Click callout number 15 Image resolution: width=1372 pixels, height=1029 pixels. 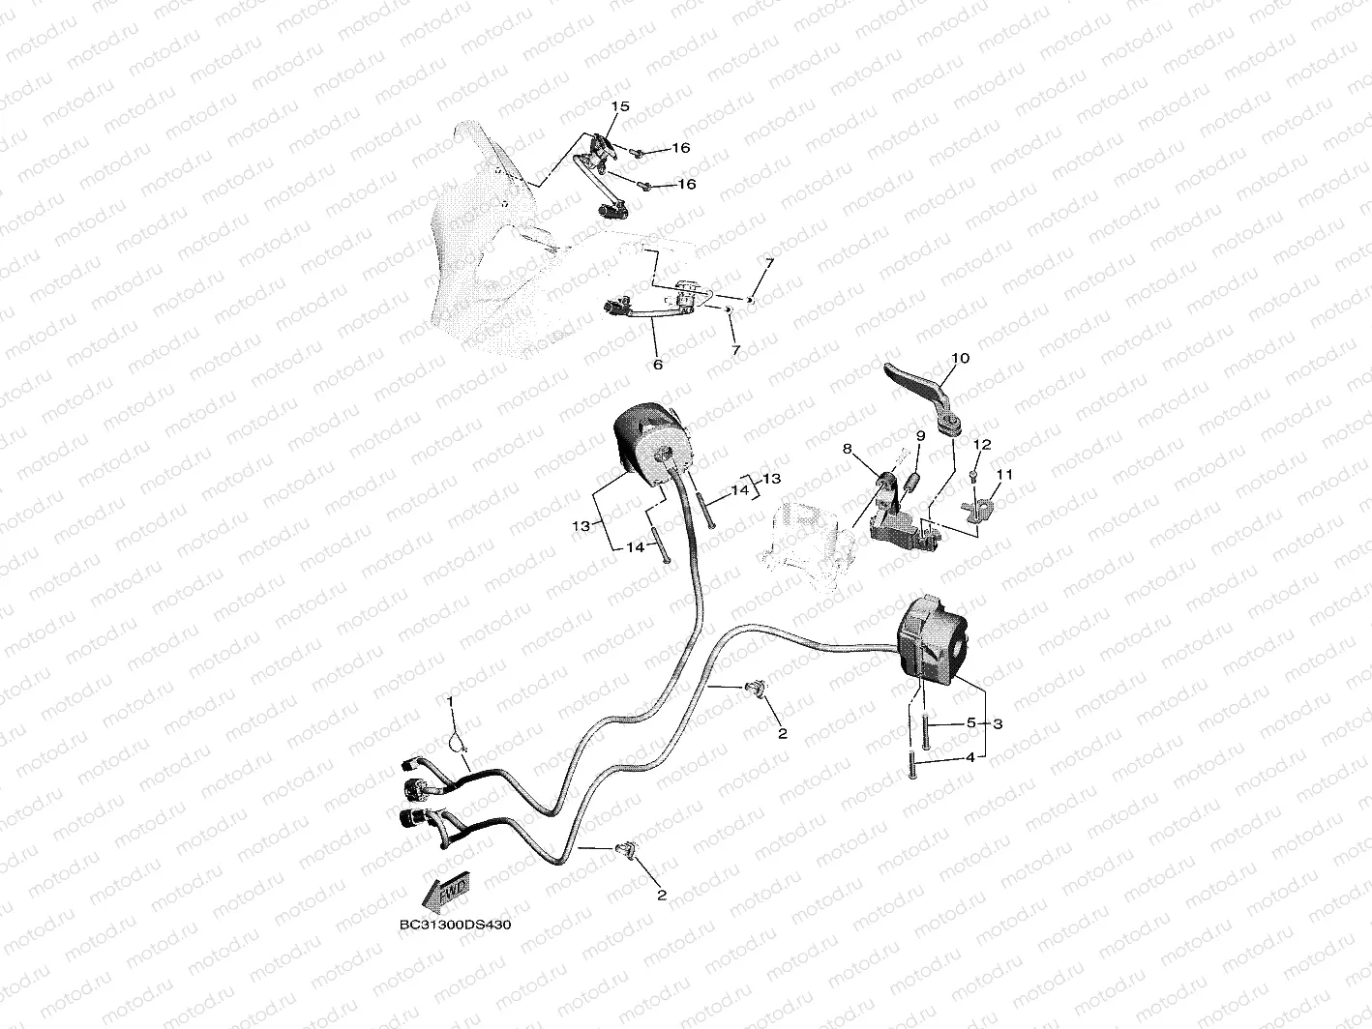point(620,106)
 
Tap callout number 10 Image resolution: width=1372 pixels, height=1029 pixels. point(960,358)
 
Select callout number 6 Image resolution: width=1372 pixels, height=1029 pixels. point(658,365)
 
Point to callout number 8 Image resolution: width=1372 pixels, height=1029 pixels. point(847,449)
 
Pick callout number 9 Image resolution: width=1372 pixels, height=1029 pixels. point(921,435)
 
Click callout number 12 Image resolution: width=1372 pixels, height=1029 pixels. point(983,444)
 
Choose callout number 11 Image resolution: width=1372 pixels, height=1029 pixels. point(1003,475)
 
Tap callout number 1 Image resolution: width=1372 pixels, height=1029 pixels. point(450,701)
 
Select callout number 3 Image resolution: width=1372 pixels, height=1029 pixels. point(998,723)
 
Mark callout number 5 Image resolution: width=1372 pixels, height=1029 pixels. point(970,722)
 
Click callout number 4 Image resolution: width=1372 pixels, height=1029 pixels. point(970,757)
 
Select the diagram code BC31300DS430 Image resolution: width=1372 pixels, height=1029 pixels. point(455,924)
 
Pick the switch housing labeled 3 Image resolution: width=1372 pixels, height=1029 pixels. point(932,640)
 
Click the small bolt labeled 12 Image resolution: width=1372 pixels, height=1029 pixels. point(973,477)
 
